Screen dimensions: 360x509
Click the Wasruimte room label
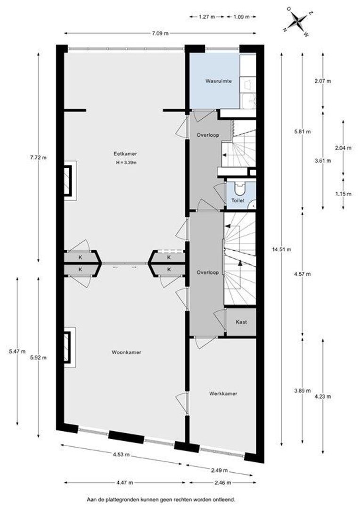[219, 81]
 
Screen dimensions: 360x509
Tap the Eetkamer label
[125, 154]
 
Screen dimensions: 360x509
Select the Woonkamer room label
[126, 352]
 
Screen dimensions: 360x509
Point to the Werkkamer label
[223, 394]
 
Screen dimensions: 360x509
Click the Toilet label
[237, 201]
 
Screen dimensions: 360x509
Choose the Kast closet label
[241, 322]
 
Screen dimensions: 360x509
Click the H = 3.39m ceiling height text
[126, 163]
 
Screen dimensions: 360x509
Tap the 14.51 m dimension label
[282, 249]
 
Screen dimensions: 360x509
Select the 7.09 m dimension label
[160, 33]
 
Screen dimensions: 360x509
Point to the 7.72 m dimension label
[38, 157]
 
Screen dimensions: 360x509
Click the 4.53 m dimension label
[121, 454]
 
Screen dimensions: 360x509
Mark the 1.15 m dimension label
[343, 194]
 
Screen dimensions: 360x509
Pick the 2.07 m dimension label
[323, 81]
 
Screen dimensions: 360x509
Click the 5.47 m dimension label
[17, 351]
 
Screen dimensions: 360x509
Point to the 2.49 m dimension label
[219, 470]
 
